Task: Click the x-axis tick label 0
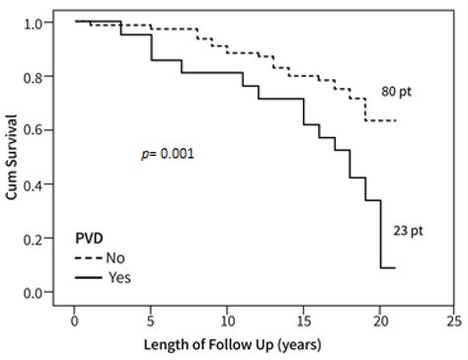[x=74, y=321]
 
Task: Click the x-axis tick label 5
[x=150, y=321]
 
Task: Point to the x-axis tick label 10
[x=226, y=321]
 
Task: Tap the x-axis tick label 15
[x=302, y=321]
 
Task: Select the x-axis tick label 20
[x=378, y=321]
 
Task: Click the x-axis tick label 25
[x=454, y=321]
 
